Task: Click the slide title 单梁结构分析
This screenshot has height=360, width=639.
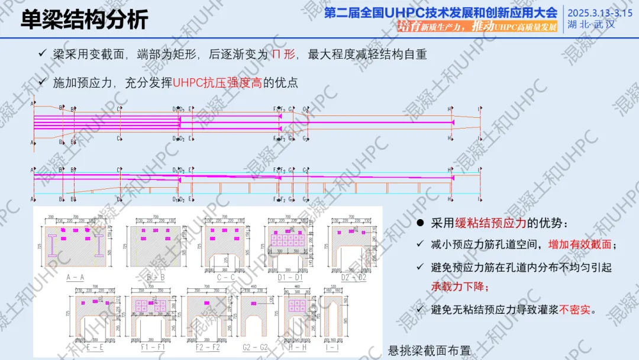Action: click(85, 20)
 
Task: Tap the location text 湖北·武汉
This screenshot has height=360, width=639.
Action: click(591, 25)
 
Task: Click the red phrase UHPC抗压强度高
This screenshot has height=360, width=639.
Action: click(217, 83)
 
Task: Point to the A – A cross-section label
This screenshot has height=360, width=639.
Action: click(75, 276)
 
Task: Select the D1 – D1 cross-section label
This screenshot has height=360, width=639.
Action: click(288, 276)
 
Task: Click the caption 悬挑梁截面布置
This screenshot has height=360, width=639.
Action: click(429, 350)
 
